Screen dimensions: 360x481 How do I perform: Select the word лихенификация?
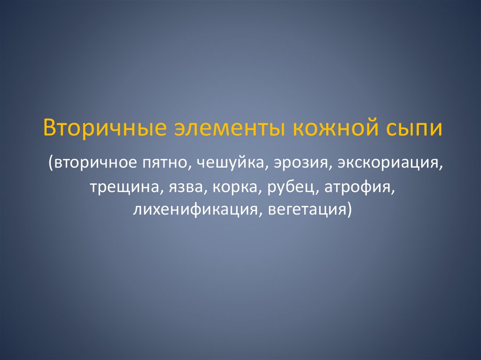tap(195, 209)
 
